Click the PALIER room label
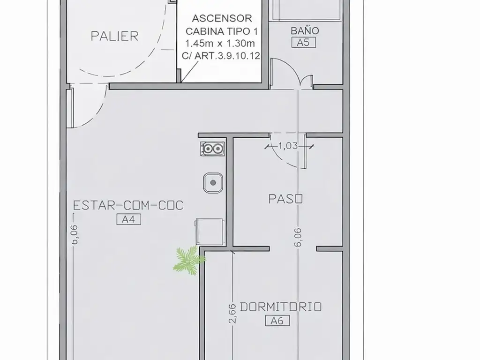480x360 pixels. (x=114, y=36)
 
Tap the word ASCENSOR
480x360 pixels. (x=222, y=18)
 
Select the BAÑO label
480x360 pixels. (x=305, y=30)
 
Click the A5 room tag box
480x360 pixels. (x=303, y=43)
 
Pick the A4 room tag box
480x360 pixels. (x=129, y=219)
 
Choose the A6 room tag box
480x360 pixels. (x=277, y=321)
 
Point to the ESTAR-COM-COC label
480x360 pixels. (x=128, y=205)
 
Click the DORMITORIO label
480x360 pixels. (x=281, y=307)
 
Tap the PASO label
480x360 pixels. (x=285, y=199)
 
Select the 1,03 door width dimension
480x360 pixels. (x=288, y=146)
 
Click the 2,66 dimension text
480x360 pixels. (x=232, y=314)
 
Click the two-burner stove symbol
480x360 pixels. (x=212, y=149)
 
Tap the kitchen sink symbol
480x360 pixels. (x=213, y=183)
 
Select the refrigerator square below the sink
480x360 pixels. (x=210, y=232)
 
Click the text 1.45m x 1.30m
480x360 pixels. (x=220, y=44)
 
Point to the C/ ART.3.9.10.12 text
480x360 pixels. (x=221, y=56)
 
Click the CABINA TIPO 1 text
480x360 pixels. (x=222, y=31)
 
